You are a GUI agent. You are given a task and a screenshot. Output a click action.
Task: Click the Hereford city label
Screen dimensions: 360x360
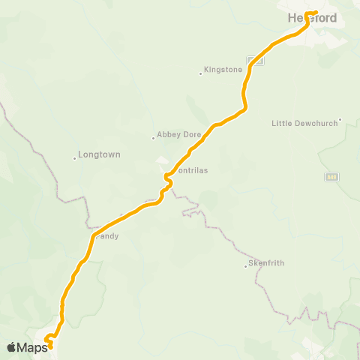coord(312,18)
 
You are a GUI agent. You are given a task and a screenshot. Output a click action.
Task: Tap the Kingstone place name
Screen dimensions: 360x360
coord(223,70)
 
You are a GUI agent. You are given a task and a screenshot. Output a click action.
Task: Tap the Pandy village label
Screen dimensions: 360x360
coord(106,235)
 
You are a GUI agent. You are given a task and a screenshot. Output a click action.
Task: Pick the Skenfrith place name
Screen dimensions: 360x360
coord(266,264)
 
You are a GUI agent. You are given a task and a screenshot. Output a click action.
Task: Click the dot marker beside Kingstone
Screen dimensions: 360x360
coord(202,73)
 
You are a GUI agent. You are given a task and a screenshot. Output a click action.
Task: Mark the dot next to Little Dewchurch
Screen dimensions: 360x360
coord(340,118)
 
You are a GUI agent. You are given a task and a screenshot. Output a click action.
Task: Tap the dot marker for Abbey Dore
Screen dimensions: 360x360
coord(154,137)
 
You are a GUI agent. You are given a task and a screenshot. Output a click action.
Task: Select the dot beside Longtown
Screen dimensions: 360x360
coord(75,157)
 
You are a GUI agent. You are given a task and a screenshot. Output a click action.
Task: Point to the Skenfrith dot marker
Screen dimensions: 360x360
coord(245,265)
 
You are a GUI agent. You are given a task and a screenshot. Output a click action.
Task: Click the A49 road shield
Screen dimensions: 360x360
coord(331,176)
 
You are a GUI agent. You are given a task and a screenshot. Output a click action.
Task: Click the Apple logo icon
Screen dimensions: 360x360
coord(12,347)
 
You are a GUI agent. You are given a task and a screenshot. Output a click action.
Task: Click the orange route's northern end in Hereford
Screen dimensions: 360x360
coord(316,13)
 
